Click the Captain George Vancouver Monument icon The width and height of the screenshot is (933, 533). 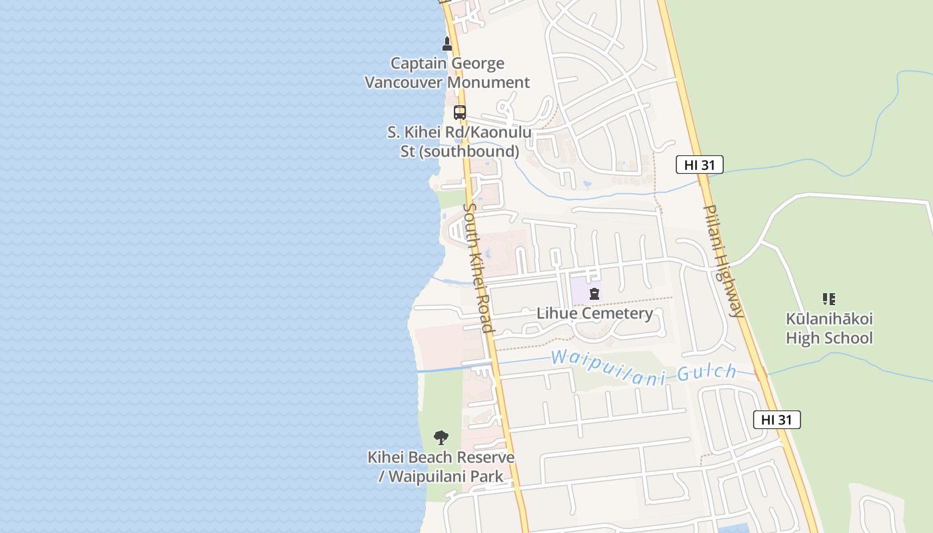coord(447,44)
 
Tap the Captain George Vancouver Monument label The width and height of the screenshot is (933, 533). coord(447,73)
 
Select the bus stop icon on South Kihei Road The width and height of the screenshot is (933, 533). coord(460,112)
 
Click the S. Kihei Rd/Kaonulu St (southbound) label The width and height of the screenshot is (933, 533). coord(459,141)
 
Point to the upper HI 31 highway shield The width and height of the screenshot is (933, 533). coord(699,165)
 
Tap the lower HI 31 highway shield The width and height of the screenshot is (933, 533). coord(776,420)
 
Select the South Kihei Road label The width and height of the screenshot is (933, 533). coord(478,267)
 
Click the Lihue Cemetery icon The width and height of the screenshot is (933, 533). coord(594,293)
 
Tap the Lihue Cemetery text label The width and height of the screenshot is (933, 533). coord(594,313)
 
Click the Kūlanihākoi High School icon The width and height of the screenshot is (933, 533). coord(828,299)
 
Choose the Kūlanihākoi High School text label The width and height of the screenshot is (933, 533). coord(828,328)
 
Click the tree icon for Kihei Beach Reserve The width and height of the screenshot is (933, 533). coord(441,438)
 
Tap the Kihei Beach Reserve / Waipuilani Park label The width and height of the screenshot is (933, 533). coord(441,467)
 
